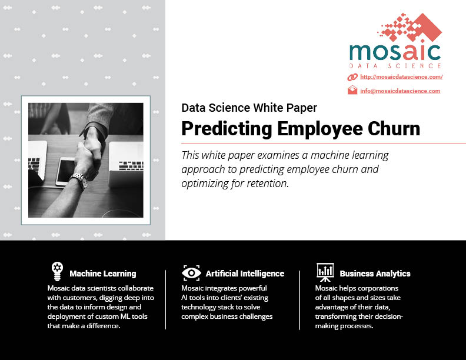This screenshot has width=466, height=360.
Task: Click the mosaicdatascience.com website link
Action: point(401,77)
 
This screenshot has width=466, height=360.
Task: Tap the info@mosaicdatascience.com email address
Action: point(400,91)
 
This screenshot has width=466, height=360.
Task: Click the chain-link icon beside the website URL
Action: point(352,77)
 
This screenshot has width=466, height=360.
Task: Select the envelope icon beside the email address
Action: point(352,90)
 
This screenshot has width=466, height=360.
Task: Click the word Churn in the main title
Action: point(394,129)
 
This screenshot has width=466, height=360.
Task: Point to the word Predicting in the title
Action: point(227,129)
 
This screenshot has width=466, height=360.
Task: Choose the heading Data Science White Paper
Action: point(249,108)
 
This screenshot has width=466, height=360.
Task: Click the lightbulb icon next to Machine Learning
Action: point(57,271)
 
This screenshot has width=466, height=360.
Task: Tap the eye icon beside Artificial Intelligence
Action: point(191,273)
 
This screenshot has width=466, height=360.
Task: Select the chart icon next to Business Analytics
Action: point(325,272)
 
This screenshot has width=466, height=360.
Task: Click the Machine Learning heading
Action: point(103,274)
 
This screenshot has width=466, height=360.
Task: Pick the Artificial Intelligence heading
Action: point(245,274)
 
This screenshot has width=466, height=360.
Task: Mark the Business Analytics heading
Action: point(375,274)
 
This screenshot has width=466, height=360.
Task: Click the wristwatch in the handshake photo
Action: point(81,179)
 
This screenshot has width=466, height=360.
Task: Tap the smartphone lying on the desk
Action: point(66,171)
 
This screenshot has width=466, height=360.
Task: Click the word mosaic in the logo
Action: point(395,52)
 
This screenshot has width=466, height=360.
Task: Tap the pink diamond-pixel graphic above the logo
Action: point(410,27)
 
